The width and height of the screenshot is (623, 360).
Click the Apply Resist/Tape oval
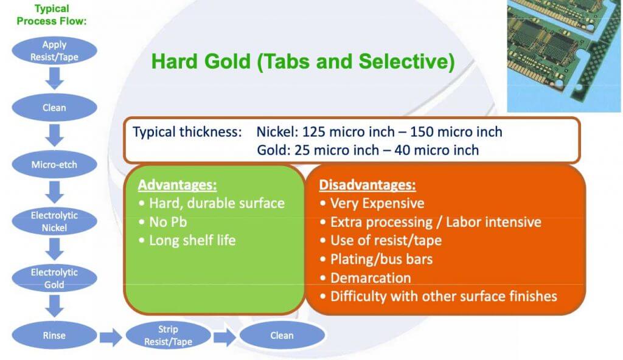[54, 50]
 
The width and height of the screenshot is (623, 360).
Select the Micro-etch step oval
[54, 165]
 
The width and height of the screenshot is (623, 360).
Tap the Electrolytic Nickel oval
[54, 221]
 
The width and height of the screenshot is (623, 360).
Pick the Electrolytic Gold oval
[54, 278]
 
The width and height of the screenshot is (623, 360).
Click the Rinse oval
[54, 335]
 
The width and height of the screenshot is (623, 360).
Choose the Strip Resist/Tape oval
[168, 335]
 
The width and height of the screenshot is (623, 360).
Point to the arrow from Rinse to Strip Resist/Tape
[111, 337]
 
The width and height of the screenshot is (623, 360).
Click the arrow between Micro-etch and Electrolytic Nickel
[54, 192]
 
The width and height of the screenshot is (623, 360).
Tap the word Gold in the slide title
[227, 61]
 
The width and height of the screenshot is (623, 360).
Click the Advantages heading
[177, 185]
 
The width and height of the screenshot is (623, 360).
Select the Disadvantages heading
[367, 185]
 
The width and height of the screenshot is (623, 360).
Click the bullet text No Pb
[168, 222]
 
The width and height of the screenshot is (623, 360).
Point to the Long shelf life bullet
[192, 240]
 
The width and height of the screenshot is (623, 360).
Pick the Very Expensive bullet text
[377, 204]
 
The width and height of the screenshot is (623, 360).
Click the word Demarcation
[371, 278]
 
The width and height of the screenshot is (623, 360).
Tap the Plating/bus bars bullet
[381, 259]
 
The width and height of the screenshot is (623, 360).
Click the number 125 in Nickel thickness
[314, 131]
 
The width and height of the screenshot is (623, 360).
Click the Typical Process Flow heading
[52, 15]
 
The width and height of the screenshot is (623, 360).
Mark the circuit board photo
[564, 55]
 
